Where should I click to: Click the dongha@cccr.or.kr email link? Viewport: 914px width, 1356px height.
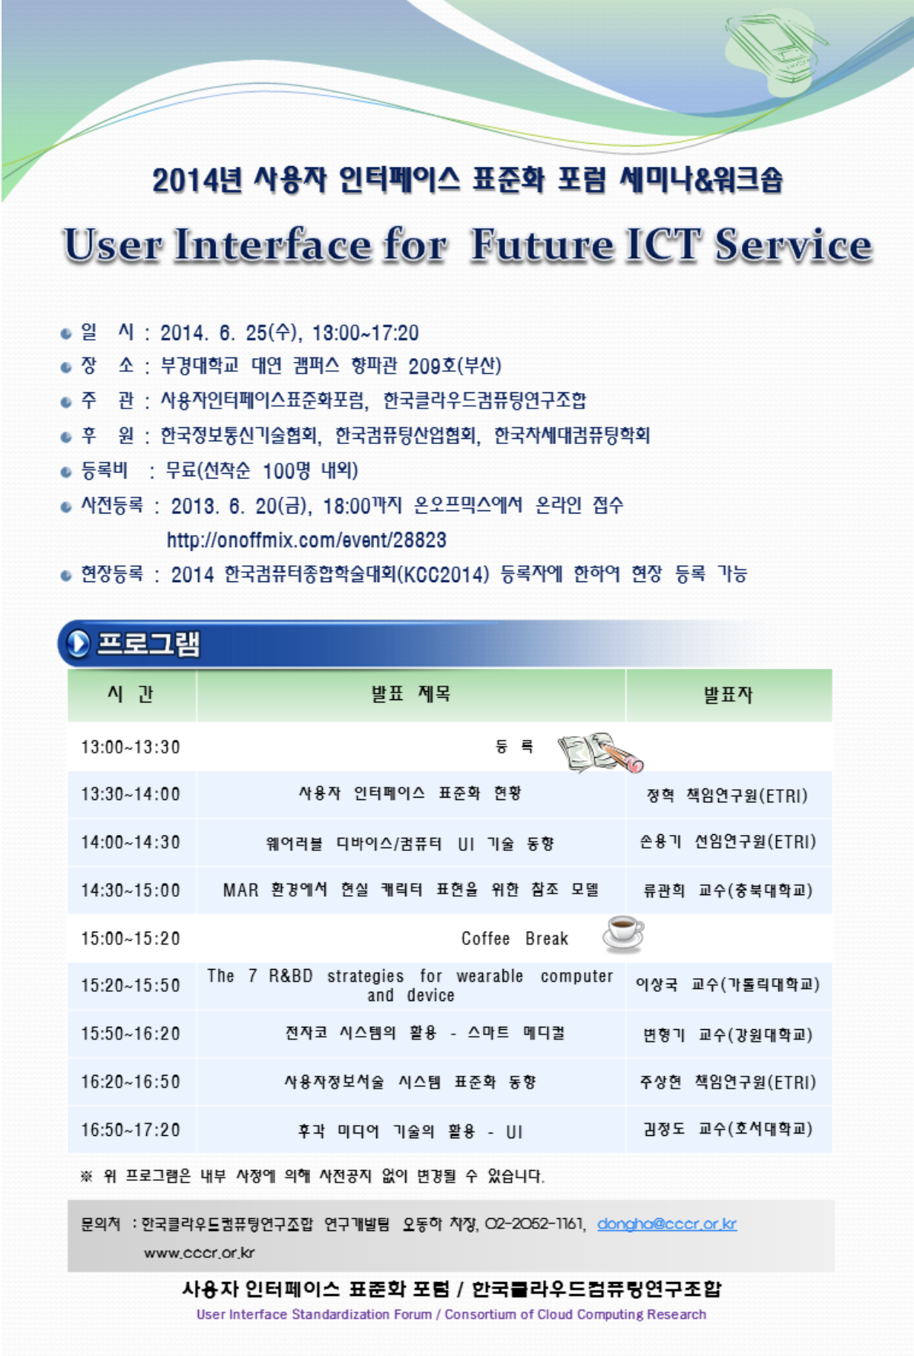pyautogui.click(x=666, y=1224)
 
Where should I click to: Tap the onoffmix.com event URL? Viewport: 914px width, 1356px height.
pyautogui.click(x=306, y=540)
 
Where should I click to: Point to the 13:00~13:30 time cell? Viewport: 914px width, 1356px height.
pyautogui.click(x=131, y=747)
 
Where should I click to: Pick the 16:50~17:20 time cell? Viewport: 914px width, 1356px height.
pyautogui.click(x=131, y=1129)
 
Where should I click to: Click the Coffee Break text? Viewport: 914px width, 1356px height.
pyautogui.click(x=515, y=938)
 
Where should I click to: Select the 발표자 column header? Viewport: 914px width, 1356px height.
pyautogui.click(x=728, y=694)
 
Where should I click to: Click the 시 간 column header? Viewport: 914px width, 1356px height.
pyautogui.click(x=131, y=693)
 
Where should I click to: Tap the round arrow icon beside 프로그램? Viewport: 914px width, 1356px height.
pyautogui.click(x=78, y=644)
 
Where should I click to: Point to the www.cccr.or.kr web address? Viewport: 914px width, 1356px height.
pyautogui.click(x=200, y=1252)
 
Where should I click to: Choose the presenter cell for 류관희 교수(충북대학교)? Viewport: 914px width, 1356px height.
pyautogui.click(x=728, y=890)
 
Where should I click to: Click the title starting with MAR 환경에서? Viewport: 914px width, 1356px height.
pyautogui.click(x=411, y=889)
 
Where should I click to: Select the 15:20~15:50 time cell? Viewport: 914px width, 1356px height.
pyautogui.click(x=131, y=985)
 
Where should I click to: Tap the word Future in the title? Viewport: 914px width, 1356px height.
pyautogui.click(x=542, y=245)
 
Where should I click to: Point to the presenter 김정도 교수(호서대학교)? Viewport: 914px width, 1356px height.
pyautogui.click(x=728, y=1128)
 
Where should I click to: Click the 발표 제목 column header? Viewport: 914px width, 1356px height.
pyautogui.click(x=411, y=693)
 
